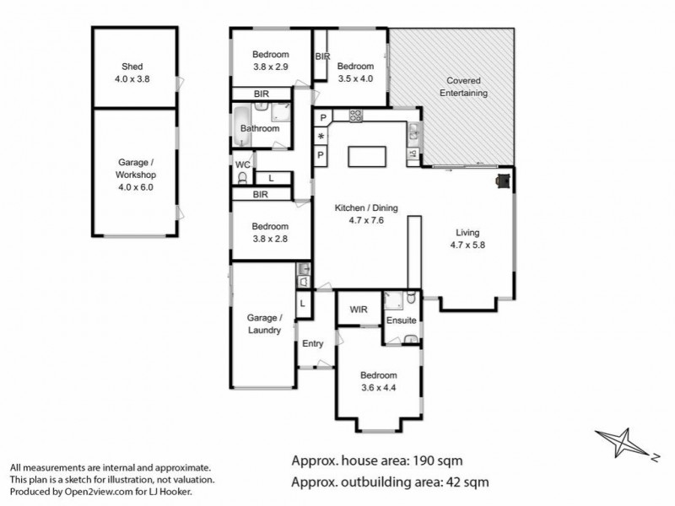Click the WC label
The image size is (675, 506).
243,164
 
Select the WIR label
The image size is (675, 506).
358,310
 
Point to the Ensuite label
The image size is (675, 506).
401,321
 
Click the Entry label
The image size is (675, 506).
312,343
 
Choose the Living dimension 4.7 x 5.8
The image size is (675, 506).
467,245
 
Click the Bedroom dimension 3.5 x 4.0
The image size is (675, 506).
354,78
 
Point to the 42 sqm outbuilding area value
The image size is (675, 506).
460,482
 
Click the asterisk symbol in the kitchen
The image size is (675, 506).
321,136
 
